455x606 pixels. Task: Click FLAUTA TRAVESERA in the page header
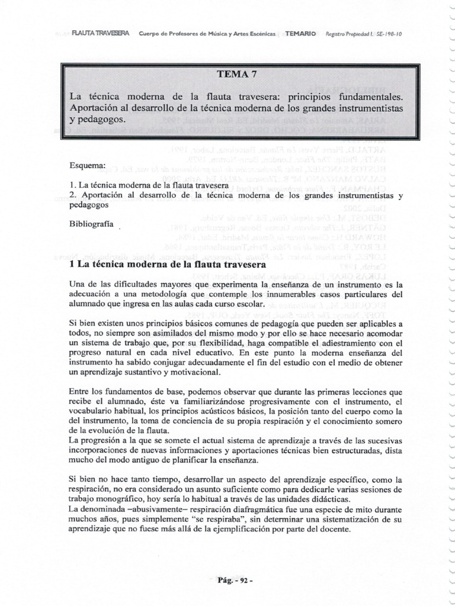[104, 34]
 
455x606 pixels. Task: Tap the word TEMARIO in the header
[300, 34]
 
